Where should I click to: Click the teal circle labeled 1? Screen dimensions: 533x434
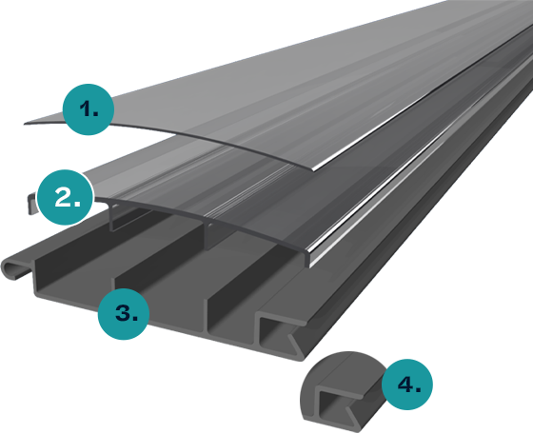point(89,109)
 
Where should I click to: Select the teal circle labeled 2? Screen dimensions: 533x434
point(65,197)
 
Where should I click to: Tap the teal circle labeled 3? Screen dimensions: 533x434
point(124,314)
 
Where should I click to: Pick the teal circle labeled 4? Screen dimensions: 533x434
point(407,385)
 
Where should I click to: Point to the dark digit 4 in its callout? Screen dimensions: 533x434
point(406,385)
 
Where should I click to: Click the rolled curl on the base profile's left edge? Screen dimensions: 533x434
point(13,269)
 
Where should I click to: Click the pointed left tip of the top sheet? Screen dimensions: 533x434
point(25,124)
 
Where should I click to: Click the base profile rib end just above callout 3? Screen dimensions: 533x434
point(113,289)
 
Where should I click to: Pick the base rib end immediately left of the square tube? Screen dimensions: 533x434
point(207,314)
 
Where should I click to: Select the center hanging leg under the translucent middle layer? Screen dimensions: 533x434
point(207,234)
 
